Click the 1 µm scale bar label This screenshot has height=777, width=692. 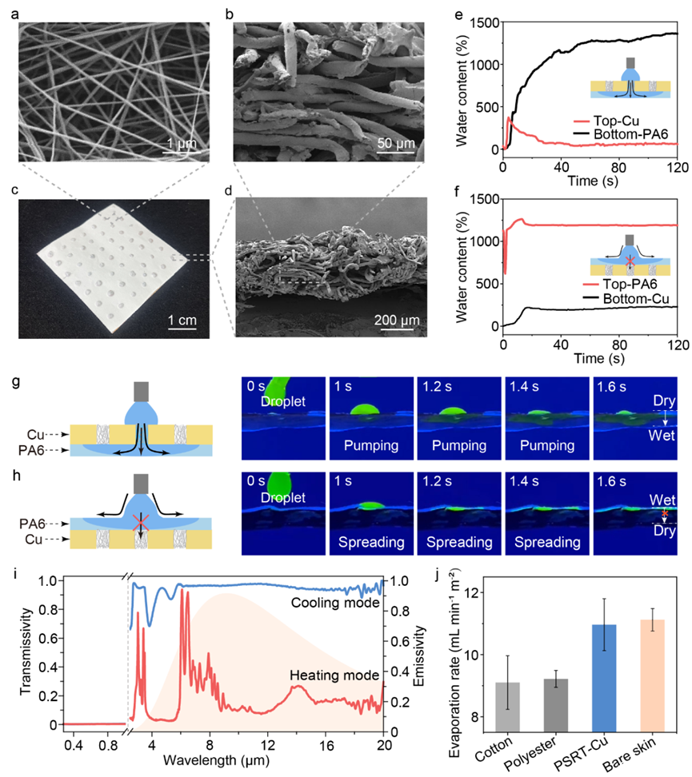click(x=170, y=144)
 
